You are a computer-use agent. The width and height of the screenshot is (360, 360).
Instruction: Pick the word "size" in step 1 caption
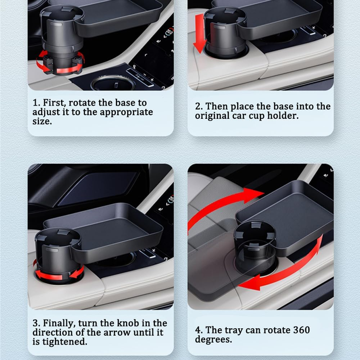point(41,121)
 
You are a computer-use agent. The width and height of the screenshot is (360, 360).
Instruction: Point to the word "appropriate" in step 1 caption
point(126,112)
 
